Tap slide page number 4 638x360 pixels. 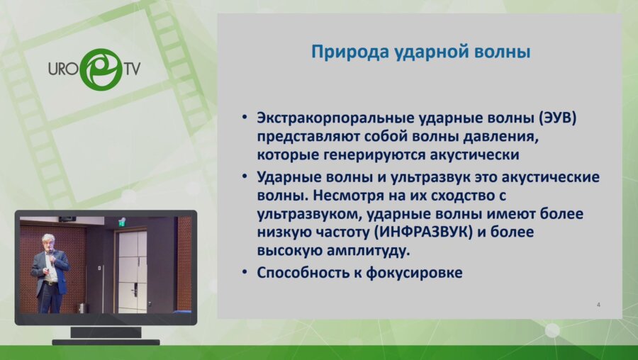pos(599,304)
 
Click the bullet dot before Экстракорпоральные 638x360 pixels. pos(245,118)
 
